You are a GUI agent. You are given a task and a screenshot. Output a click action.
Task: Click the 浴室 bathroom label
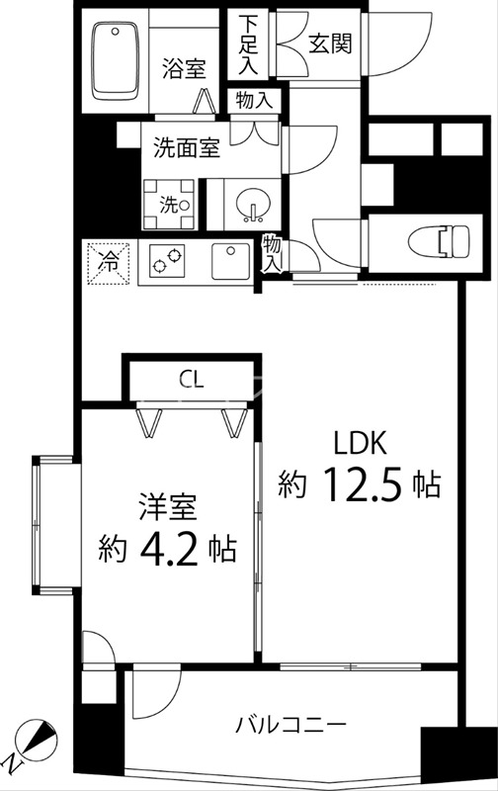(x=184, y=69)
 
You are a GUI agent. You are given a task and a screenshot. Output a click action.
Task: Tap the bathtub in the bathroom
(x=117, y=61)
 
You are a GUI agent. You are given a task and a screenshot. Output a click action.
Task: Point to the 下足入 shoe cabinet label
(x=251, y=43)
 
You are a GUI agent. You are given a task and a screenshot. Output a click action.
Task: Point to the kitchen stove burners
(x=168, y=262)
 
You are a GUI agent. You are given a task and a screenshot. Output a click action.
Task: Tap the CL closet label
(x=192, y=379)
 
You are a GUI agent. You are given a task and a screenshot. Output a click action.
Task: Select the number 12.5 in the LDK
(x=362, y=483)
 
